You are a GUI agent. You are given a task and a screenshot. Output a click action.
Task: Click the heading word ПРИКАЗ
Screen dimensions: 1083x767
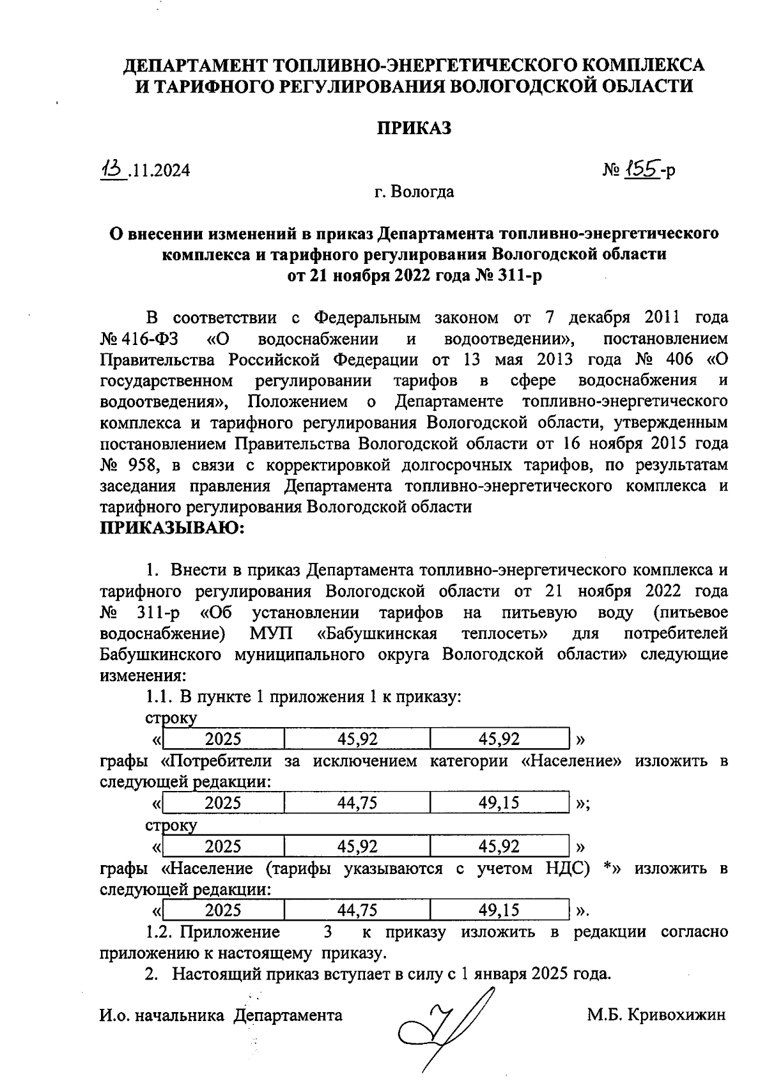pyautogui.click(x=414, y=128)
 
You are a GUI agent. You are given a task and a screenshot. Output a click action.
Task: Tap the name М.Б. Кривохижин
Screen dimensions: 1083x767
pyautogui.click(x=656, y=1015)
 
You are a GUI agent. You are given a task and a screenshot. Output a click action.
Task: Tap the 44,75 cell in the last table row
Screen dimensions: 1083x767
pyautogui.click(x=357, y=910)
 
